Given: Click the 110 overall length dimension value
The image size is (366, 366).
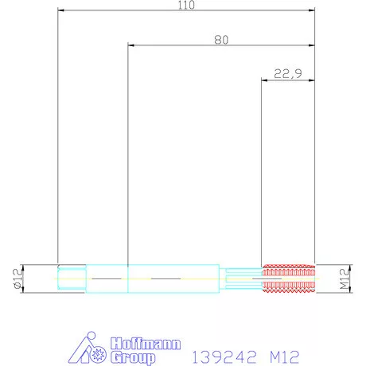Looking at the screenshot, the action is coord(186,5).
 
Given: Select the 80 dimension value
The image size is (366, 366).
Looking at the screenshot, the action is coord(221,40).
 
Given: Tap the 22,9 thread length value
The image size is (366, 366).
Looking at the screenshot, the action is coord(288,74).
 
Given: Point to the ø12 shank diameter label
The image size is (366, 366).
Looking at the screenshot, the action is coord(18,278).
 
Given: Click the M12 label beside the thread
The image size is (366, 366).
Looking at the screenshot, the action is coord(345,278).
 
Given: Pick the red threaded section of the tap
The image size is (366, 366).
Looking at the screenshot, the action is coord(289,278).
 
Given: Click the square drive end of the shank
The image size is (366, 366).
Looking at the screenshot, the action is coord(72,278).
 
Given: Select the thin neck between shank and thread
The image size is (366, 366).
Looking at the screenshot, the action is coord(241,278).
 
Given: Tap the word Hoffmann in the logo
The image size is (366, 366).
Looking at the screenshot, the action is coord(146,344).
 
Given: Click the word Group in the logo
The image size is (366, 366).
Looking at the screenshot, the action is coord(133,358).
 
